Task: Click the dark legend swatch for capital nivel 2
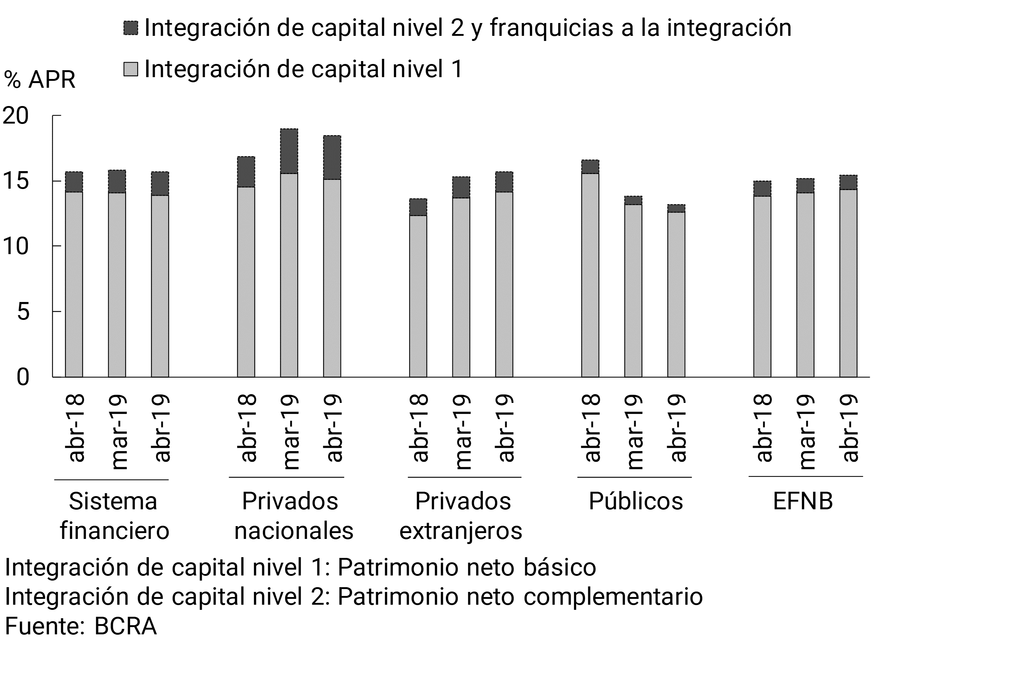pyautogui.click(x=131, y=28)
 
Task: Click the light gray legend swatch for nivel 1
pyautogui.click(x=131, y=69)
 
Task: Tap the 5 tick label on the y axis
pyautogui.click(x=23, y=312)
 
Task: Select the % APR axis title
pyautogui.click(x=39, y=80)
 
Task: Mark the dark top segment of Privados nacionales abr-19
pyautogui.click(x=332, y=157)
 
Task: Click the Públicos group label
pyautogui.click(x=635, y=502)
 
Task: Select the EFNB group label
pyautogui.click(x=803, y=502)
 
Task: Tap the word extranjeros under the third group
pyautogui.click(x=461, y=531)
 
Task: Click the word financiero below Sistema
pyautogui.click(x=114, y=530)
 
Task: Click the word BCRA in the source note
pyautogui.click(x=126, y=626)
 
